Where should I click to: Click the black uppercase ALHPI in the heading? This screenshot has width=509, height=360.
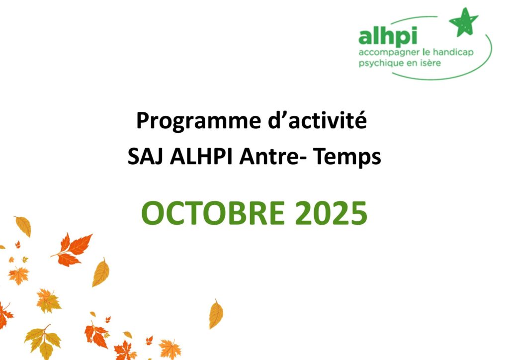click(x=201, y=157)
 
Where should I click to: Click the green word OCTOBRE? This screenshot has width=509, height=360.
click(x=213, y=213)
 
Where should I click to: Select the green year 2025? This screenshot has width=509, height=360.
click(x=331, y=213)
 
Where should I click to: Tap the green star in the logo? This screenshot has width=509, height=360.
click(x=464, y=22)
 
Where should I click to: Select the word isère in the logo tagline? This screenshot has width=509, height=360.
click(x=431, y=62)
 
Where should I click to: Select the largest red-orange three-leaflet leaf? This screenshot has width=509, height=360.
click(x=72, y=249)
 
